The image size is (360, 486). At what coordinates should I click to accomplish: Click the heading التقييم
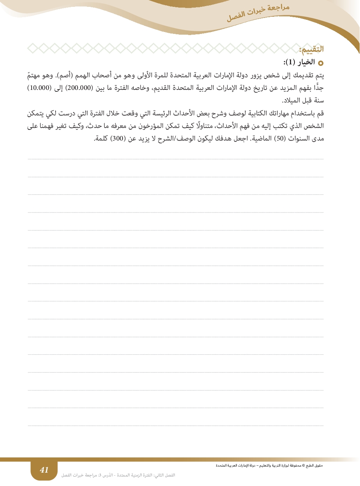pos(311,49)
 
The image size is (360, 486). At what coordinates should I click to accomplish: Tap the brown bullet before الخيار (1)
pos(320,62)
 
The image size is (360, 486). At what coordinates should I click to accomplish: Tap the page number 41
pos(44,470)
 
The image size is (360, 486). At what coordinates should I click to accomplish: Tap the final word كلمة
pos(100,139)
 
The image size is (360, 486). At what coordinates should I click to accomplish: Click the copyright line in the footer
pos(269,465)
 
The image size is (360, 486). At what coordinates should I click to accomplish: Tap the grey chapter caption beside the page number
pos(118,475)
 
